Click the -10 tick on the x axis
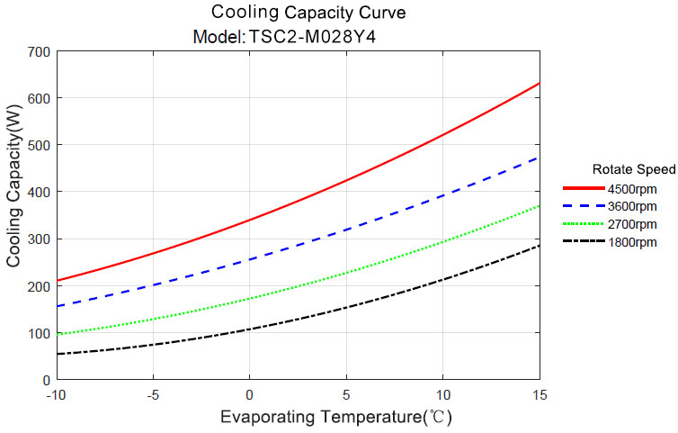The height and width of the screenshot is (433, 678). pyautogui.click(x=56, y=395)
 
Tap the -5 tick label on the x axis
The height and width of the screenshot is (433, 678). pyautogui.click(x=153, y=395)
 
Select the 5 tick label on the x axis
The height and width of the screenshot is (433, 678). pyautogui.click(x=346, y=395)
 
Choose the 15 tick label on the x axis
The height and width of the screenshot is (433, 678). pyautogui.click(x=539, y=395)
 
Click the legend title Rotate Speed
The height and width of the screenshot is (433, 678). pyautogui.click(x=634, y=169)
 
